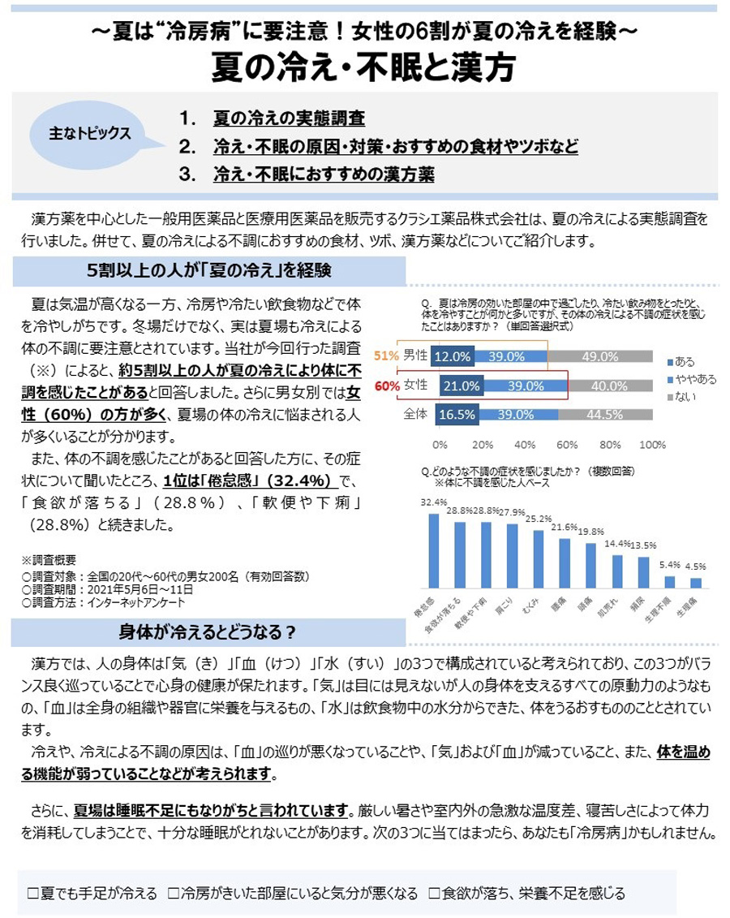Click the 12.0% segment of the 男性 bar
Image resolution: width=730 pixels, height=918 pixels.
(452, 356)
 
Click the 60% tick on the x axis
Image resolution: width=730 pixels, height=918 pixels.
(566, 445)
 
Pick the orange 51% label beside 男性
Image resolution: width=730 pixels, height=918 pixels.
(386, 356)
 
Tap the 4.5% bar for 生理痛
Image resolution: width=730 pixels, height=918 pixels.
(696, 582)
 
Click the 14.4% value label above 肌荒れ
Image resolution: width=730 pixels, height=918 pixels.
(618, 543)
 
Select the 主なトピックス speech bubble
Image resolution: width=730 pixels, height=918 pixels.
(91, 134)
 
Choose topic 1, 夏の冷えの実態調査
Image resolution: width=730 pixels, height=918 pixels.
(289, 119)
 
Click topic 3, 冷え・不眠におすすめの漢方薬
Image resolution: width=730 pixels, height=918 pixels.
(324, 174)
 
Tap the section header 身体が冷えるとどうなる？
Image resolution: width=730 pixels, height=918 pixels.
(208, 631)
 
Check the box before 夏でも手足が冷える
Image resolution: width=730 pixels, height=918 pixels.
(33, 893)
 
